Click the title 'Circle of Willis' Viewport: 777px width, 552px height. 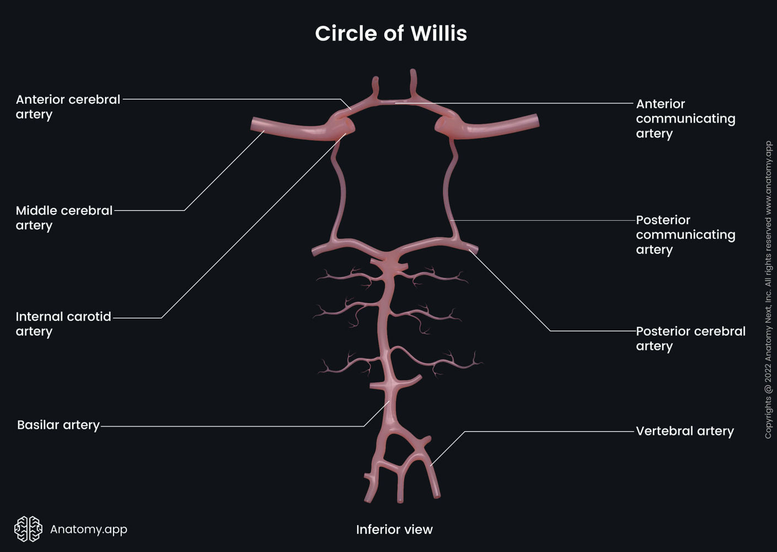click(390, 34)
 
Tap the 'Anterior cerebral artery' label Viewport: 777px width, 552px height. click(68, 107)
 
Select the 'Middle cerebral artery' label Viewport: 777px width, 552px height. click(64, 218)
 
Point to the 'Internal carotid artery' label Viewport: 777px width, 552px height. click(63, 324)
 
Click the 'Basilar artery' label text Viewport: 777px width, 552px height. click(58, 425)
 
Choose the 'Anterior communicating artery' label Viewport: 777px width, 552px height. click(685, 119)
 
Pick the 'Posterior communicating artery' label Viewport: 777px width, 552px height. click(685, 235)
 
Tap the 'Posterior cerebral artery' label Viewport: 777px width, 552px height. click(690, 338)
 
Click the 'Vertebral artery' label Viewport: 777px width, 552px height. click(684, 431)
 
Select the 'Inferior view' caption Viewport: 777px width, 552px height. click(394, 529)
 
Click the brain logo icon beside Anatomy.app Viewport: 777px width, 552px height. click(28, 529)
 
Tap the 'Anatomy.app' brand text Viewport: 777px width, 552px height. click(89, 529)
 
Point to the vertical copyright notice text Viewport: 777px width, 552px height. click(768, 290)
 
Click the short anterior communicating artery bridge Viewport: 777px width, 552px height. click(395, 102)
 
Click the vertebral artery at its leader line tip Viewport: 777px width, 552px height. click(431, 465)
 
